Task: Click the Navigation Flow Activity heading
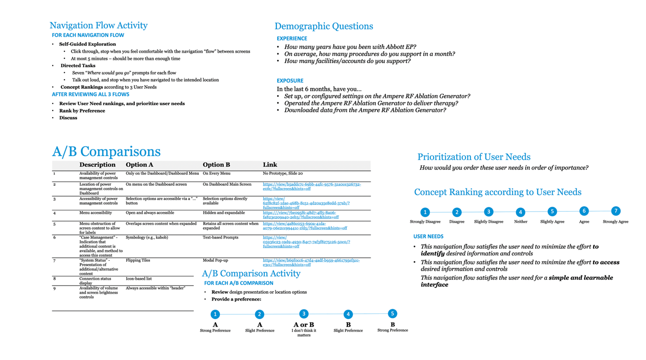98,26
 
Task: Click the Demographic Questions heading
323,27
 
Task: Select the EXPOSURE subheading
290,81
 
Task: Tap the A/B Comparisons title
106,152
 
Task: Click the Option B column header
216,165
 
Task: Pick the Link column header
270,165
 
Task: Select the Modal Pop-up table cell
215,261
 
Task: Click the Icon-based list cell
139,279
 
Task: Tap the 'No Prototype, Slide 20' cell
282,173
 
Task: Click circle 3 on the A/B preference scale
304,314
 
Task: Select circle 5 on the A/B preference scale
393,314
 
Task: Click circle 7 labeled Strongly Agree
616,211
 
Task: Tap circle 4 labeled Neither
520,212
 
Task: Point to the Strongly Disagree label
425,222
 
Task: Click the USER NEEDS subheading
428,237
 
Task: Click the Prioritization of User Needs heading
474,157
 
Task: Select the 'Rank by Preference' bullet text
82,111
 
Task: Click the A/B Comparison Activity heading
251,274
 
